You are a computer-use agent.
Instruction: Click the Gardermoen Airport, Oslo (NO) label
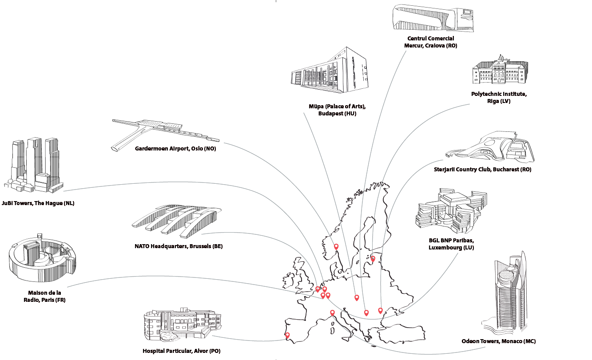[175, 149]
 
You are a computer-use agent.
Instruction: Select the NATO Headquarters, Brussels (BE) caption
[179, 246]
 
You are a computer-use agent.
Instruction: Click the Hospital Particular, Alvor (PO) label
[182, 351]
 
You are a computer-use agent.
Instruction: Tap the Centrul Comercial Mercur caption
[430, 42]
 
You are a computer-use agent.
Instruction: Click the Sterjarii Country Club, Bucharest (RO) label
[482, 170]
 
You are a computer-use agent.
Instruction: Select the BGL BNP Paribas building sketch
[451, 210]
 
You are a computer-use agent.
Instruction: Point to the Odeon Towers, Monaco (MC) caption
[498, 341]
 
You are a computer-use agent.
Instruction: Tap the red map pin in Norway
[336, 246]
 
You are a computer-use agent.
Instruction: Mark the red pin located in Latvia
[373, 258]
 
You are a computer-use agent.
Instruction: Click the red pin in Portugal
[287, 335]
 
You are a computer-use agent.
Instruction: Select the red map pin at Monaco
[332, 313]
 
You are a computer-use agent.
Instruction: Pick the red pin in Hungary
[357, 297]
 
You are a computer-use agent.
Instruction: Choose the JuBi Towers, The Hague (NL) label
[37, 203]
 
